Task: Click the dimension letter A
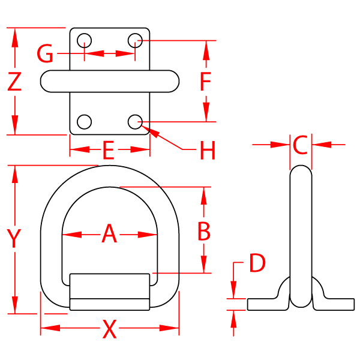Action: pyautogui.click(x=109, y=233)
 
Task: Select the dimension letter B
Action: pyautogui.click(x=204, y=231)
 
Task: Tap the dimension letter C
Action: pyautogui.click(x=301, y=145)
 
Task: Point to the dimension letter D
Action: pyautogui.click(x=257, y=263)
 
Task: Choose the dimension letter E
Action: pyautogui.click(x=108, y=149)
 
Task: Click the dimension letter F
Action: pyautogui.click(x=206, y=82)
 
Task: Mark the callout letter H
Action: pyautogui.click(x=207, y=151)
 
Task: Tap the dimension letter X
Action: pyautogui.click(x=109, y=329)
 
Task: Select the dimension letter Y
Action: pyautogui.click(x=14, y=238)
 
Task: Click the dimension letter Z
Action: pyautogui.click(x=14, y=81)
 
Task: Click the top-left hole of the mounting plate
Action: pyautogui.click(x=85, y=41)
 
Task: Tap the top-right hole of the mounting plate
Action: pyautogui.click(x=135, y=41)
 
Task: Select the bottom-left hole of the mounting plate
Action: pyautogui.click(x=85, y=122)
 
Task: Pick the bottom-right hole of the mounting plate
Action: pyautogui.click(x=135, y=122)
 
